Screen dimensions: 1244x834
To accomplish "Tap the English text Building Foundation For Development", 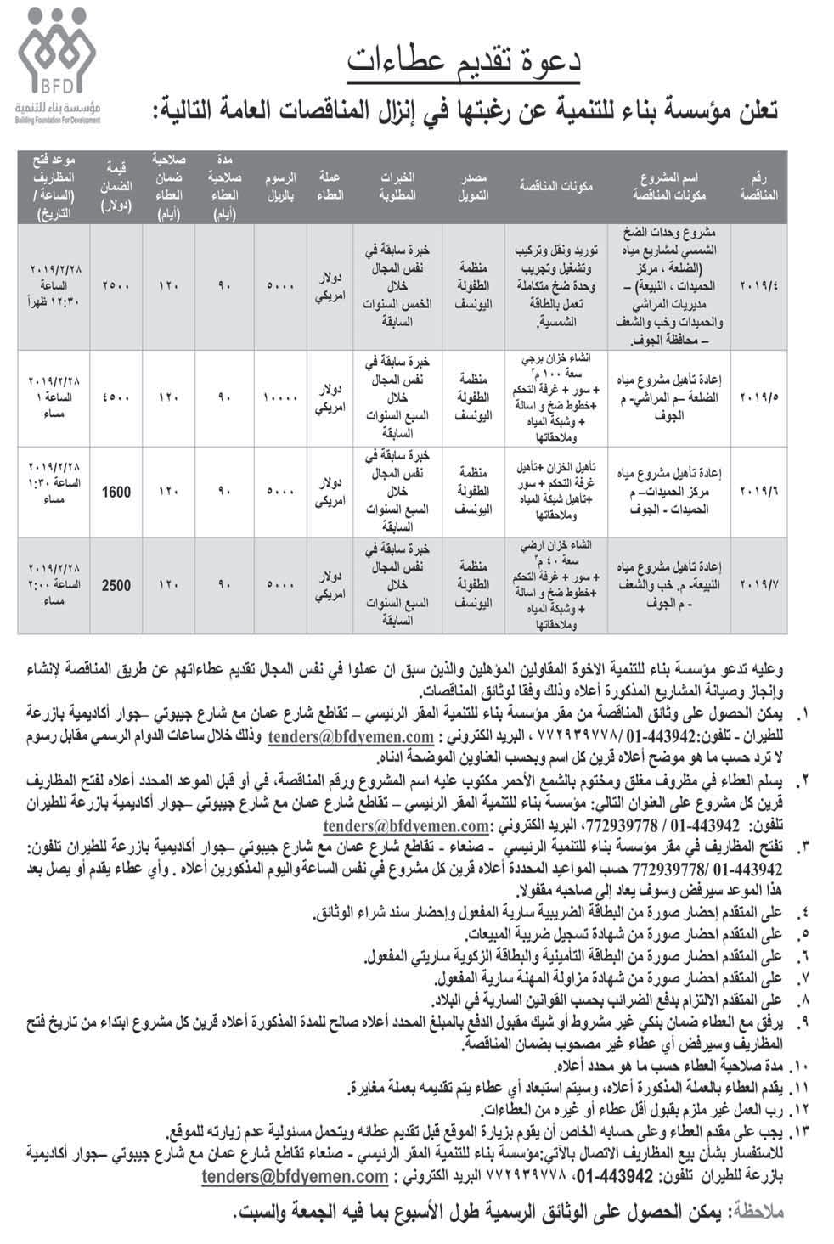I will tap(58, 120).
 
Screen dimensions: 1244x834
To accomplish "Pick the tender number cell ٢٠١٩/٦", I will tap(759, 492).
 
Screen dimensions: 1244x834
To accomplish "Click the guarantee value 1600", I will tap(116, 492).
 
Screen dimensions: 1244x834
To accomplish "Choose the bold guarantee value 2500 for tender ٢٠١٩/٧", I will tap(116, 584).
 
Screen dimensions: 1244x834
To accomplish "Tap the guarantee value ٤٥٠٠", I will tap(116, 397).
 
